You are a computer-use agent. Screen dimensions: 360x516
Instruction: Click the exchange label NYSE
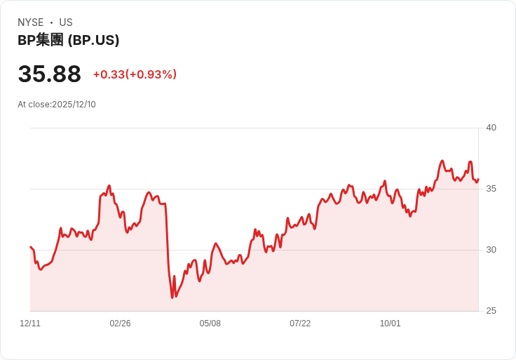31,22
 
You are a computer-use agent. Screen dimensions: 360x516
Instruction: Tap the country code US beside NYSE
66,22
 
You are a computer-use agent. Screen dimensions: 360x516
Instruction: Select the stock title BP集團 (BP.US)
68,40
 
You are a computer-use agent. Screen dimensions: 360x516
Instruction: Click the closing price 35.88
49,74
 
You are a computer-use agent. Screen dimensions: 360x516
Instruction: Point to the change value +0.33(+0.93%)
135,74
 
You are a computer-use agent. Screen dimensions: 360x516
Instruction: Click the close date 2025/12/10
74,105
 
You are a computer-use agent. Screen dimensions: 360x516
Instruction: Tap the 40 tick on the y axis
491,128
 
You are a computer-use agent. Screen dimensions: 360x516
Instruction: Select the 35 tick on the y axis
491,189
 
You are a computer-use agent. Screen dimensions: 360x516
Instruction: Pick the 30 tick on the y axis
491,250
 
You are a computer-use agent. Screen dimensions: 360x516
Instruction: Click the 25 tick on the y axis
491,311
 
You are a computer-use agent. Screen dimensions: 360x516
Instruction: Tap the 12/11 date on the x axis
30,324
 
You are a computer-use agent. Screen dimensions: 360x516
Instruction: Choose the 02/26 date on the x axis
120,324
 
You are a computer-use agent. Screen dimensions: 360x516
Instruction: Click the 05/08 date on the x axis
210,324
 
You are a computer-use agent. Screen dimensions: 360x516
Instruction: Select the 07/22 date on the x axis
300,324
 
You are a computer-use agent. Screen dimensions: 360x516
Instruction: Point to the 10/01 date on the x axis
390,324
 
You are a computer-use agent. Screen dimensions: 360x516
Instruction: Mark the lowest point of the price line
172,298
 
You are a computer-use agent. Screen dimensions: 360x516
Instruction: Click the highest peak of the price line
442,161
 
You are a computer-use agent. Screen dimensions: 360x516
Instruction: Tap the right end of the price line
478,179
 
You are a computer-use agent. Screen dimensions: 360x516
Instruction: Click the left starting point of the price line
30,247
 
